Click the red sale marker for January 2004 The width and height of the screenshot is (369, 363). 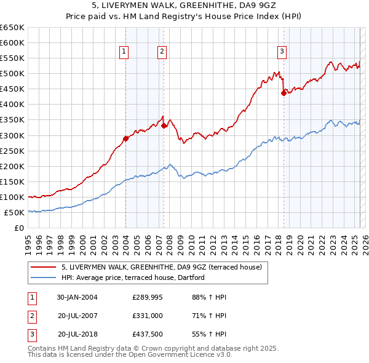pyautogui.click(x=125, y=138)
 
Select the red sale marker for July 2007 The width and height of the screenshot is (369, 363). pyautogui.click(x=164, y=126)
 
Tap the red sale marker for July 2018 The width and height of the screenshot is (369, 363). pyautogui.click(x=284, y=93)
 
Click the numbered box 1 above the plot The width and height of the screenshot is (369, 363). pyautogui.click(x=124, y=52)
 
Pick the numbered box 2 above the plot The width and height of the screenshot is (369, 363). pyautogui.click(x=162, y=52)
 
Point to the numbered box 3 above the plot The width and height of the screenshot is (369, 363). pyautogui.click(x=282, y=52)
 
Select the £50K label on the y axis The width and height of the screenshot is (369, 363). pyautogui.click(x=15, y=213)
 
